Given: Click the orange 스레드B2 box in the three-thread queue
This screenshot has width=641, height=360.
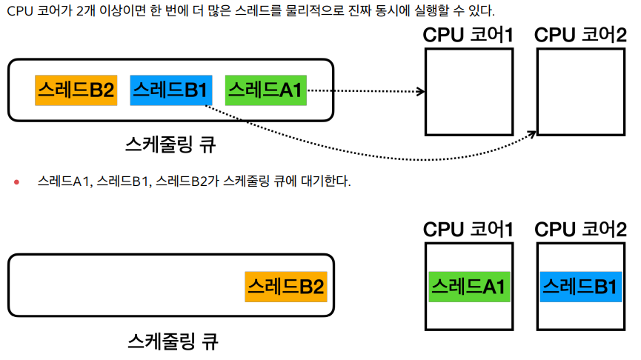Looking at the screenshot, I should point(75,90).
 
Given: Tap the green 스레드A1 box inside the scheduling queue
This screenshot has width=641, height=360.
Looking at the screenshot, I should point(265,90).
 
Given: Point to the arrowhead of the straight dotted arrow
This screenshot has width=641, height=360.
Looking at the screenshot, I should point(421,92).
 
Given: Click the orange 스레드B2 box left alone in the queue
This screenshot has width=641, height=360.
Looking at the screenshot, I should point(285,286).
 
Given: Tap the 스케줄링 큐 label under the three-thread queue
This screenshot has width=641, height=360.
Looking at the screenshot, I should point(171,144).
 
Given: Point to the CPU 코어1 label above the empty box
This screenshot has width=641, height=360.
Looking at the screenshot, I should point(468,35).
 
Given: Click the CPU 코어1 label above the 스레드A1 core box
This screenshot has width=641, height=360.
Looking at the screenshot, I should point(468,230).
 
